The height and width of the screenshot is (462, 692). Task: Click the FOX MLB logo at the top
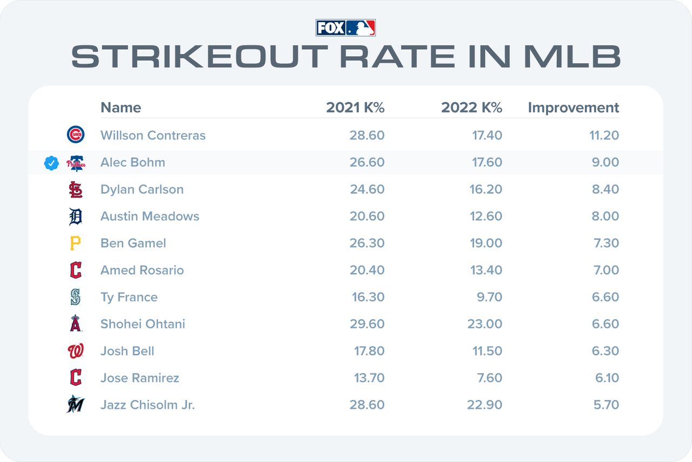(x=345, y=28)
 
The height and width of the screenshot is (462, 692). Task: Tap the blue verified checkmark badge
(x=51, y=163)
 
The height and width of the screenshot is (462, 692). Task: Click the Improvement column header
(x=573, y=108)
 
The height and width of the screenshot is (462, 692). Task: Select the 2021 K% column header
(x=355, y=108)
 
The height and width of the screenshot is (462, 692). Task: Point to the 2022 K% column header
(x=471, y=108)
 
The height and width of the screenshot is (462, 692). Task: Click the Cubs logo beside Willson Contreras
(x=76, y=135)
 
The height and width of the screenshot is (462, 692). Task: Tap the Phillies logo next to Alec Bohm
(x=76, y=163)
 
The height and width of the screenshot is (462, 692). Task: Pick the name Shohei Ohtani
(x=143, y=324)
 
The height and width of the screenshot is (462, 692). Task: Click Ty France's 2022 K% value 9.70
(x=489, y=297)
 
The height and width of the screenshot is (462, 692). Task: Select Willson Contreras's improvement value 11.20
(x=604, y=135)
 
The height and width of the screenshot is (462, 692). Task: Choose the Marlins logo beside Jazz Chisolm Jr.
(x=75, y=404)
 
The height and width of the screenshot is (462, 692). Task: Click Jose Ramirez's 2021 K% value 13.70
(x=369, y=378)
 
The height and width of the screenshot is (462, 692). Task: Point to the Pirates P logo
(x=75, y=243)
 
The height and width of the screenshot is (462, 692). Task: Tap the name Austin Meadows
(x=150, y=216)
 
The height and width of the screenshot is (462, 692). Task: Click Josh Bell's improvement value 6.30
(x=605, y=351)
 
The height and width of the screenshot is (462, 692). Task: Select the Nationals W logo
(x=76, y=351)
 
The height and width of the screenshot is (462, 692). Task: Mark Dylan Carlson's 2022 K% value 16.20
(x=485, y=189)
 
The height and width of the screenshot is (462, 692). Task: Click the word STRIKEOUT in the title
(x=199, y=56)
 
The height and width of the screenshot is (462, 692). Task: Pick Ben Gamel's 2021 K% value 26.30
(x=367, y=243)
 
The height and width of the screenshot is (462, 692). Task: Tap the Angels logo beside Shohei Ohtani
(x=76, y=323)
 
